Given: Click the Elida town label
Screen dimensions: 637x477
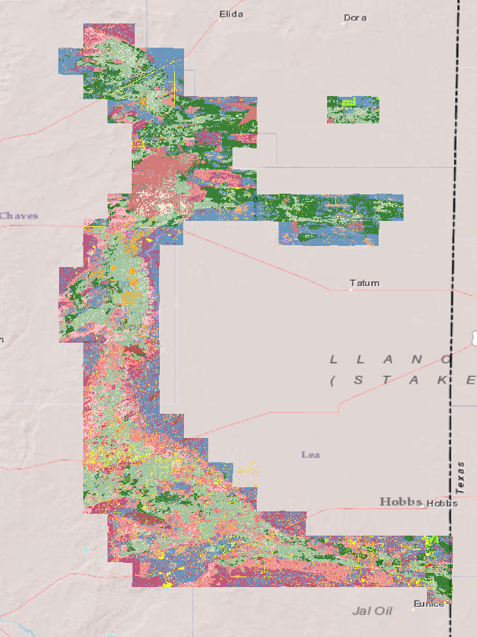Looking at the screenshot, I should click(231, 14).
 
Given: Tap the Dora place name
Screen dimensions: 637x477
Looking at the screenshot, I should click(355, 17).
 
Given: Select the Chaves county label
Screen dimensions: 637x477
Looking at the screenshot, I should click(19, 216).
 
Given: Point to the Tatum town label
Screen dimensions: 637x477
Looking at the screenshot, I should click(365, 283).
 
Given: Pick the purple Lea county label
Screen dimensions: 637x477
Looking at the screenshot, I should click(310, 454).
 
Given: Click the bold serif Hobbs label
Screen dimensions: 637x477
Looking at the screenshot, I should click(401, 502).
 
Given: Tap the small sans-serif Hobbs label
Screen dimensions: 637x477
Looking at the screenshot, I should click(442, 503).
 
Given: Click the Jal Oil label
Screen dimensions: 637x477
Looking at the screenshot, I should click(373, 611).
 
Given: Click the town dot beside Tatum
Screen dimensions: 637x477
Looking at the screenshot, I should click(351, 289).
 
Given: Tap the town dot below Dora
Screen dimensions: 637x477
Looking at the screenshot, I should click(343, 23).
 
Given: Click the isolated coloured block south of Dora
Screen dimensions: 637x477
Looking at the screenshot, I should click(353, 110).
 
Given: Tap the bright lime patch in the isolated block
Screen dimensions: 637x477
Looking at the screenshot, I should click(348, 101).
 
